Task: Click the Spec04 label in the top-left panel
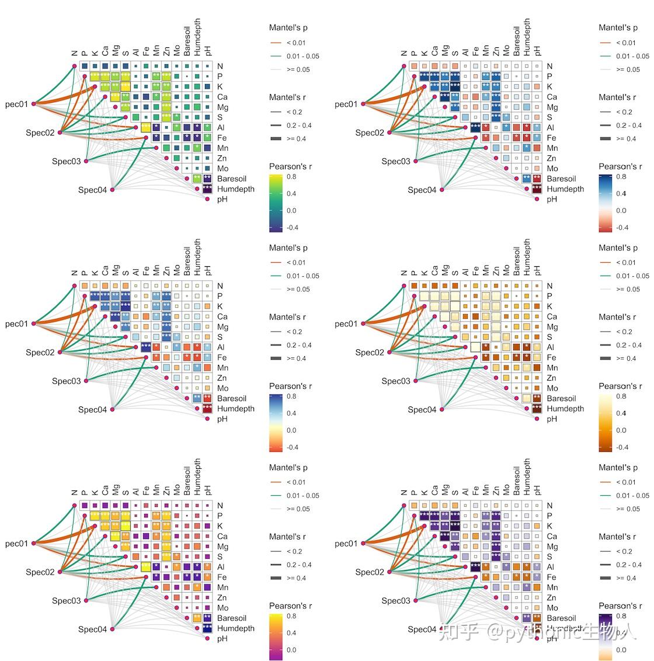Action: point(93,190)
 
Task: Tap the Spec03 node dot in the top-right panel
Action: point(416,161)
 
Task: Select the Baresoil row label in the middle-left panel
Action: point(232,398)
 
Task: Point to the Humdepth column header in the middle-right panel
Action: point(527,257)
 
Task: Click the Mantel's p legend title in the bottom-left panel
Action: point(288,468)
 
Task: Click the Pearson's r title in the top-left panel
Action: point(290,166)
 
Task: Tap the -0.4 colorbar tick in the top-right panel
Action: point(622,228)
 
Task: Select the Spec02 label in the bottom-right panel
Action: point(370,572)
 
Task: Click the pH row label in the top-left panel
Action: point(222,199)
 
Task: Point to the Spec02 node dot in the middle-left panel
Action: point(60,353)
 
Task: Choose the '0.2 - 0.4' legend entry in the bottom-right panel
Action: point(628,565)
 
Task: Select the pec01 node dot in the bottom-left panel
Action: point(33,544)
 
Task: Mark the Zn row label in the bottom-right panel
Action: point(551,598)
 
